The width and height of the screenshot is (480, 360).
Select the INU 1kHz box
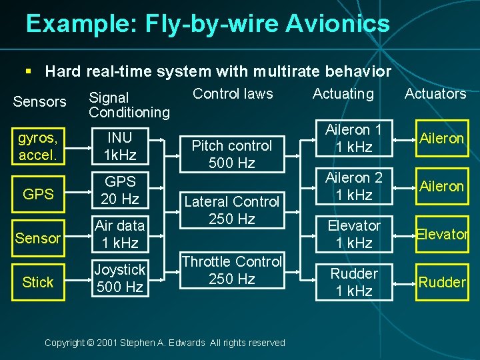[120, 146]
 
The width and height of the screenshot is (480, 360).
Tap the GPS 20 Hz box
[120, 190]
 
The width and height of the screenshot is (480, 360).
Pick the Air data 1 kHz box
[120, 234]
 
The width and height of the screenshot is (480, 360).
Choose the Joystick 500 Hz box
[120, 278]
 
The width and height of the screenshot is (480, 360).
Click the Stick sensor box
[37, 282]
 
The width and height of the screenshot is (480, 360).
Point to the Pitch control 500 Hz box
[232, 154]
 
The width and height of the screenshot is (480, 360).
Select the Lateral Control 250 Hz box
[232, 210]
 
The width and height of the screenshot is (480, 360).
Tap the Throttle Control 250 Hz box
[232, 270]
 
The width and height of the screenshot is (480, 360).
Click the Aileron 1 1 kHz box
[353, 138]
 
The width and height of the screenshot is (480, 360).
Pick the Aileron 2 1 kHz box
[353, 186]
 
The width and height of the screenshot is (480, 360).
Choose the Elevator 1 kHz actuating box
[353, 234]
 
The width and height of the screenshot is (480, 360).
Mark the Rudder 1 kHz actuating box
[353, 282]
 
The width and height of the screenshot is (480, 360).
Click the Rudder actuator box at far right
[441, 282]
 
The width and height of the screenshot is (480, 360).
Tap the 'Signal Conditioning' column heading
[129, 105]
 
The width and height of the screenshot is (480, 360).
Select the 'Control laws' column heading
[233, 93]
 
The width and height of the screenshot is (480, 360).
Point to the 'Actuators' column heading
[435, 93]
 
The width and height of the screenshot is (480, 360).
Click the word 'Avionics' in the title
[337, 24]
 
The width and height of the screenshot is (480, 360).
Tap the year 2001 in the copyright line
[107, 343]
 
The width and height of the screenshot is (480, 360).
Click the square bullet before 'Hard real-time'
[27, 71]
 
